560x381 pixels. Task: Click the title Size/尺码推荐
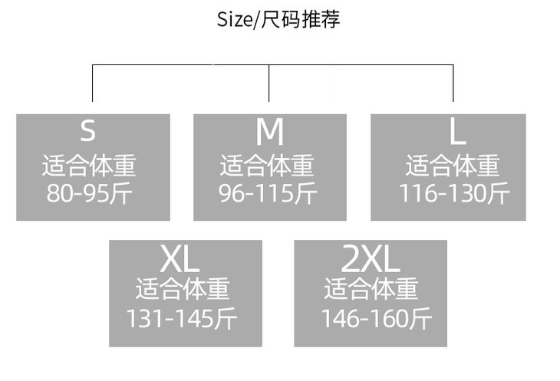(x=278, y=19)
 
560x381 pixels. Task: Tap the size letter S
(x=88, y=131)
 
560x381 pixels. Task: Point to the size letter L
(x=457, y=133)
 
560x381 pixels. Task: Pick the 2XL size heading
(x=371, y=259)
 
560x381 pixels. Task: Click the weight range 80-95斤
(x=90, y=193)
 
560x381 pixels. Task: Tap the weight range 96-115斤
(x=268, y=193)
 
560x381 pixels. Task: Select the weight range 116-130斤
(x=453, y=193)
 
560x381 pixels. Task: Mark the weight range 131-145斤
(x=182, y=318)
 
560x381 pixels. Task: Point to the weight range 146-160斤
(x=376, y=318)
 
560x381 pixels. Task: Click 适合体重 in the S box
(x=89, y=166)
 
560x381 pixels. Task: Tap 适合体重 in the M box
(x=267, y=166)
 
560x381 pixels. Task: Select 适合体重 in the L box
(x=453, y=166)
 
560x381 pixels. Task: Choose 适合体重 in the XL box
(x=183, y=289)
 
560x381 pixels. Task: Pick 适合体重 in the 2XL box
(x=371, y=289)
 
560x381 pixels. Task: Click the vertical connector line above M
(x=269, y=83)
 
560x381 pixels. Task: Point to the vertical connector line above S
(x=93, y=83)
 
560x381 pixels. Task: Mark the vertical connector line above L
(x=453, y=83)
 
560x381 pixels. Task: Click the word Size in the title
(x=234, y=19)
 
